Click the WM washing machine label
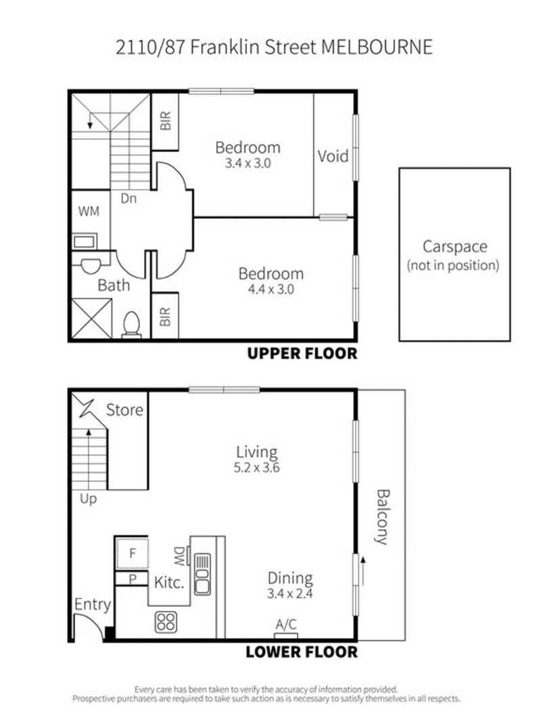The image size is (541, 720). click(x=89, y=211)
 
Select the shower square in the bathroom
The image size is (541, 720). click(x=92, y=318)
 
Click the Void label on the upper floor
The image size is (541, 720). click(x=333, y=156)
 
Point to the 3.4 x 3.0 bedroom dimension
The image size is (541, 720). click(x=248, y=163)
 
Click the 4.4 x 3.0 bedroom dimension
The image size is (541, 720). click(x=271, y=289)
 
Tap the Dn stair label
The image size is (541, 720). click(x=128, y=198)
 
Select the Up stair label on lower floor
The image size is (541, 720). click(x=88, y=499)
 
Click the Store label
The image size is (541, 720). click(x=124, y=410)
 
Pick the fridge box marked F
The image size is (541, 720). click(x=132, y=553)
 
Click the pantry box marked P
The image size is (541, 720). click(x=132, y=579)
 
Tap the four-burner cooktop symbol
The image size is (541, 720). click(x=166, y=622)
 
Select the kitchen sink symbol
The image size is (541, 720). click(x=202, y=574)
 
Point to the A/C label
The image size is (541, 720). click(x=286, y=625)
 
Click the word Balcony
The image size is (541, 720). click(x=383, y=517)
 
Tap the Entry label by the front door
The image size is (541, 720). click(x=93, y=605)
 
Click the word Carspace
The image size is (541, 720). click(x=454, y=247)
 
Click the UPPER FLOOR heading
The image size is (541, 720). click(x=302, y=354)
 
